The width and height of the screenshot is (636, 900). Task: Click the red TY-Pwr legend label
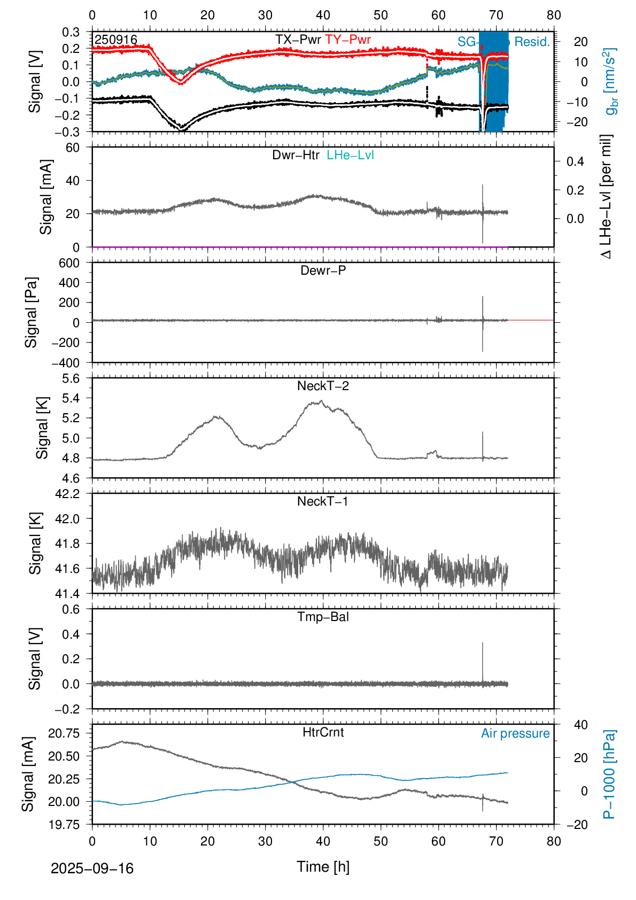[x=348, y=40]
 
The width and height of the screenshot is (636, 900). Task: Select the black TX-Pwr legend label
[x=298, y=40]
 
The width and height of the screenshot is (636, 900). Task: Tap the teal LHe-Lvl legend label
[x=350, y=155]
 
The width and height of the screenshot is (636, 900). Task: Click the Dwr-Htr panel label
[x=296, y=155]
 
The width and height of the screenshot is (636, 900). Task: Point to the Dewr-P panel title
[x=323, y=270]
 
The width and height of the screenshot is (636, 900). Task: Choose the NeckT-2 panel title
[x=323, y=386]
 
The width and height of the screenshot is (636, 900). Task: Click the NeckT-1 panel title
[x=323, y=501]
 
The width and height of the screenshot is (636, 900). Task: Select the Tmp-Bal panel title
[x=323, y=617]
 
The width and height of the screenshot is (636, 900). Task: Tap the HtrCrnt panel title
[x=323, y=732]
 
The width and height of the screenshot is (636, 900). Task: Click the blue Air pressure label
[x=515, y=733]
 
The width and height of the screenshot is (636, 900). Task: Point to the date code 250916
[x=116, y=40]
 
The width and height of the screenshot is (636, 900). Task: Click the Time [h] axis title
[x=323, y=867]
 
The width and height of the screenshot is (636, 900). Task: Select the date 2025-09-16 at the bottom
[x=92, y=868]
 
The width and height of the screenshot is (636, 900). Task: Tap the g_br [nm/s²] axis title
[x=611, y=81]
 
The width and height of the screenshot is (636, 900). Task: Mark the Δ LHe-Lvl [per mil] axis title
[x=606, y=197]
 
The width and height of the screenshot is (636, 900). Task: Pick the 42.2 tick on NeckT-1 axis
[x=67, y=494]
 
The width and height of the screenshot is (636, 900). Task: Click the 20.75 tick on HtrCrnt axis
[x=64, y=733]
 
